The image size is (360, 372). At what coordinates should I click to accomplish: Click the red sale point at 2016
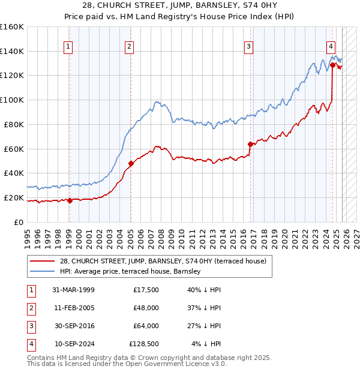pos(250,144)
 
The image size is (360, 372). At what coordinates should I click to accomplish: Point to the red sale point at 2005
pos(131,163)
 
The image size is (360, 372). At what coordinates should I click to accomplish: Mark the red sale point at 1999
pos(70,200)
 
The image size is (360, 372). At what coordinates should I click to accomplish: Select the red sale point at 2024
pos(332,64)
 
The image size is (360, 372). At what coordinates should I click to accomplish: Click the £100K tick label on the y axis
pos(11,100)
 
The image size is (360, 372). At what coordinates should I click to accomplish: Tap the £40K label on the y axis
pos(13,173)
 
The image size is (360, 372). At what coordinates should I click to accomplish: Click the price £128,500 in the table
pos(144,344)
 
